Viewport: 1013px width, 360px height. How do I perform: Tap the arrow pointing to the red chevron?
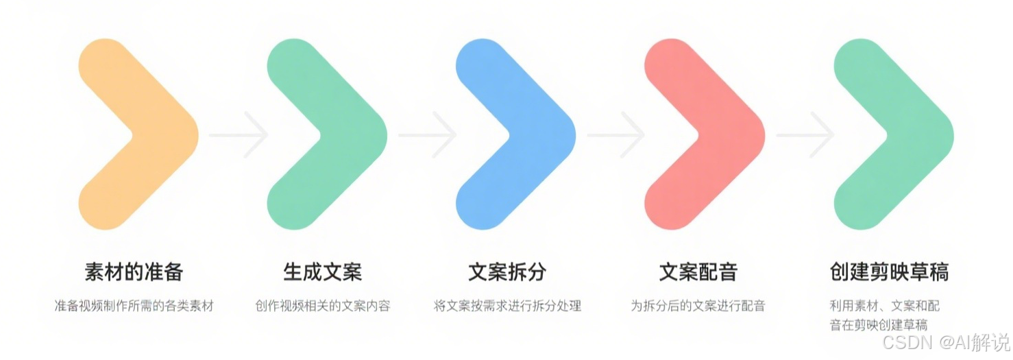616,134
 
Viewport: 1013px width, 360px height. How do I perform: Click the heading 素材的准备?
134,272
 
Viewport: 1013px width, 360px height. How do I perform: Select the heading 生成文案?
322,272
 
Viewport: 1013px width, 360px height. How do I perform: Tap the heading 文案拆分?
507,272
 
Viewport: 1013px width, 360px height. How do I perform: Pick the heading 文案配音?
698,272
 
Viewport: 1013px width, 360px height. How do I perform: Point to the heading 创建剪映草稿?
889,272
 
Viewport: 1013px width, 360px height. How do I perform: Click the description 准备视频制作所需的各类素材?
134,306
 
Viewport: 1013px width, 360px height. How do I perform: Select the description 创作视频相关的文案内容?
322,306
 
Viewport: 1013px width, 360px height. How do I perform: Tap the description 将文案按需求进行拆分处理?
507,306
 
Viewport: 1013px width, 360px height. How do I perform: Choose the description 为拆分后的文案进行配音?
698,306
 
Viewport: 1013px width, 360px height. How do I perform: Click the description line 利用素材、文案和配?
884,306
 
